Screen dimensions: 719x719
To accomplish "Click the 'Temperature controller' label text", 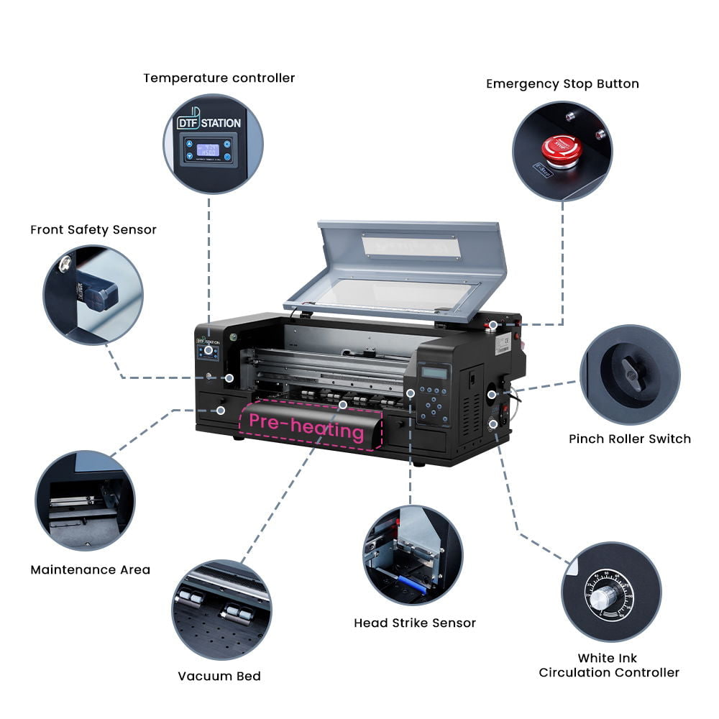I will point(219,78).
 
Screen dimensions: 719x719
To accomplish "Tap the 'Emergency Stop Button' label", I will point(562,83).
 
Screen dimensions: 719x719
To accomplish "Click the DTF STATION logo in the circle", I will point(209,122).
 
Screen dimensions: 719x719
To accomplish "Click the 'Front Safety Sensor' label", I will point(93,230).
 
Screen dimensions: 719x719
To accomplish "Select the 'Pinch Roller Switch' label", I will point(629,439).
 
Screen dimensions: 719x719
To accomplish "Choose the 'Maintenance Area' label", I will point(91,569).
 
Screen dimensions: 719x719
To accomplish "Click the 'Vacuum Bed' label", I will point(219,676).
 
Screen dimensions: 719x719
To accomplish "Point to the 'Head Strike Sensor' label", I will point(415,623).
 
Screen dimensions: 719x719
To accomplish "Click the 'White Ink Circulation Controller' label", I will point(608,665).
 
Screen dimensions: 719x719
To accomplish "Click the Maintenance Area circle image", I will point(85,500).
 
